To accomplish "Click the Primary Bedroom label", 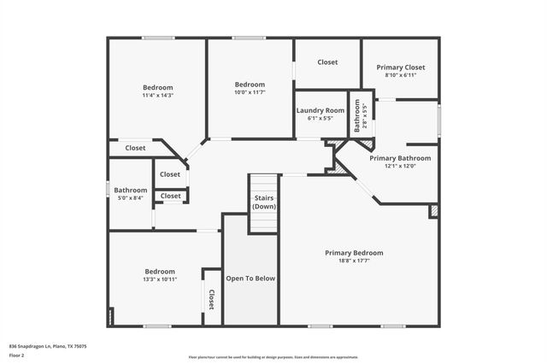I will pyautogui.click(x=354, y=253).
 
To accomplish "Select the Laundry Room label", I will pyautogui.click(x=321, y=110).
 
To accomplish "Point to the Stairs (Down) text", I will pyautogui.click(x=264, y=202).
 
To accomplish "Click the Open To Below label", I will pyautogui.click(x=250, y=279).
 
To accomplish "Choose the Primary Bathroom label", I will pyautogui.click(x=400, y=158).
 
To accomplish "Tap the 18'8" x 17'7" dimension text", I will pyautogui.click(x=354, y=261).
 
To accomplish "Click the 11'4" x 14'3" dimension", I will pyautogui.click(x=157, y=96).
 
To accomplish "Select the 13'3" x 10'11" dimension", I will pyautogui.click(x=159, y=279).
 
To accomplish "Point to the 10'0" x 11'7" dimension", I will pyautogui.click(x=250, y=92).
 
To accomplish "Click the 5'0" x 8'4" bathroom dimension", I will pyautogui.click(x=131, y=198).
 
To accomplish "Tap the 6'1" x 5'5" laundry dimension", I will pyautogui.click(x=321, y=119).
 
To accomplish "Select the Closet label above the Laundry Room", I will pyautogui.click(x=327, y=62).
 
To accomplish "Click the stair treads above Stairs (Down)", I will pyautogui.click(x=264, y=184).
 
